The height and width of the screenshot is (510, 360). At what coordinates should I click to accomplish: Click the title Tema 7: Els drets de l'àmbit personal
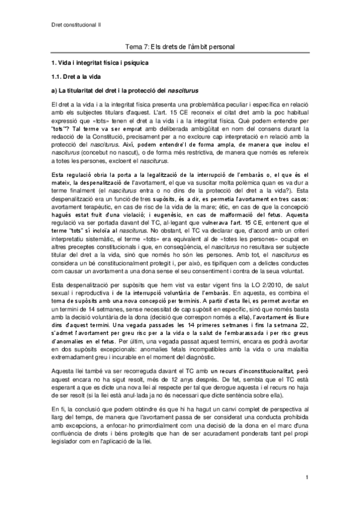click(x=179, y=46)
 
